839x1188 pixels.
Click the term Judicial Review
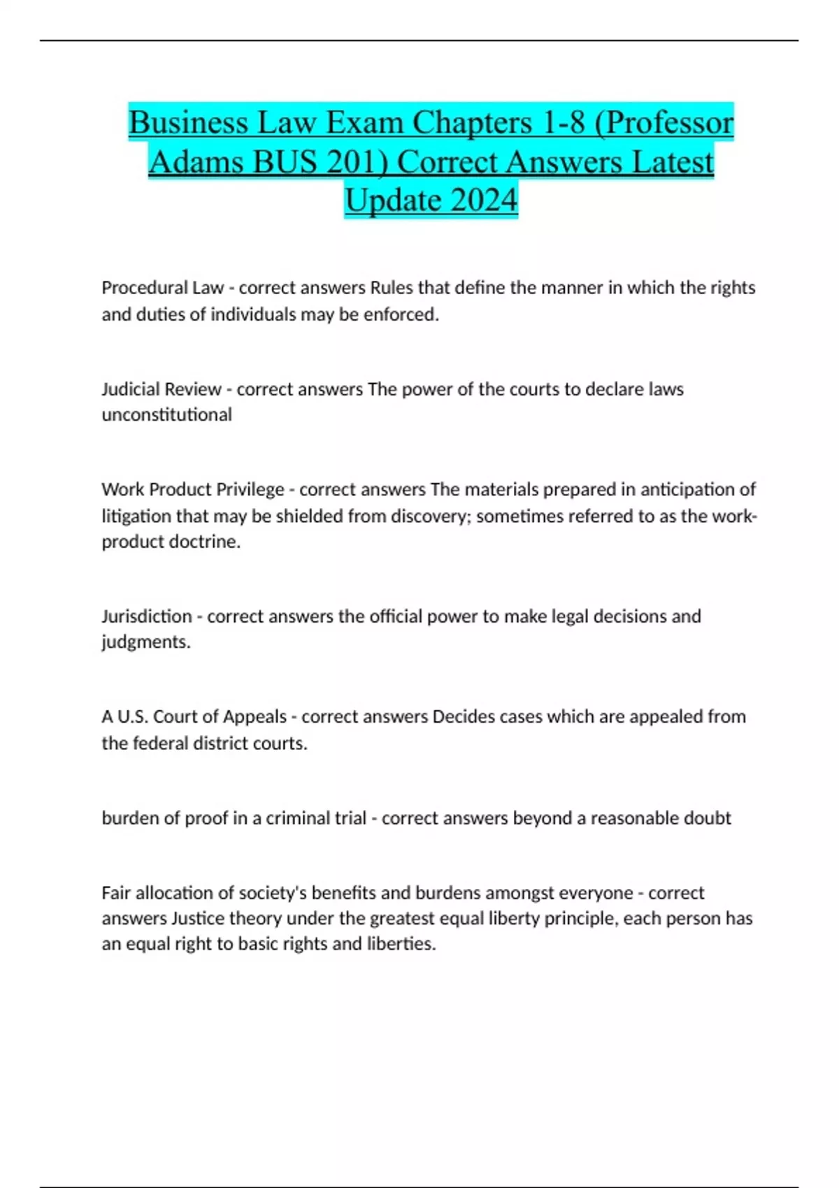pyautogui.click(x=162, y=389)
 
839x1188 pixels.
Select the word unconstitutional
pyautogui.click(x=166, y=414)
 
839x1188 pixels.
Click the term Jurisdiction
pyautogui.click(x=147, y=616)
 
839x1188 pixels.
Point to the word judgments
pyautogui.click(x=145, y=642)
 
